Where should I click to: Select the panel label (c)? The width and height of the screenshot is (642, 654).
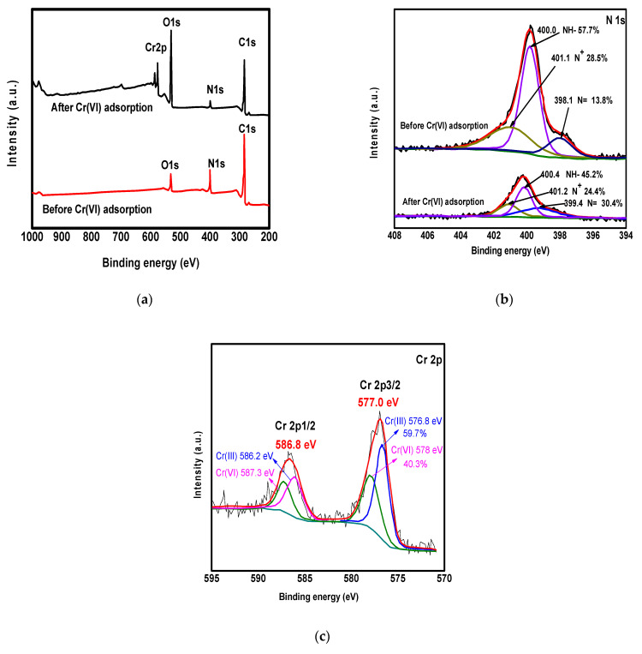pos(322,636)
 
